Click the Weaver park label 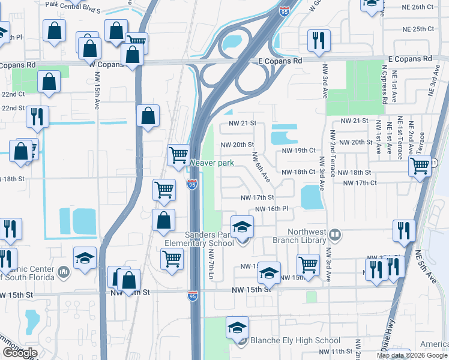[x=212, y=163]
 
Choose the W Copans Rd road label [x=105, y=63]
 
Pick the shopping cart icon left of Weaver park [x=179, y=155]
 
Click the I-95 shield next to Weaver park [x=192, y=185]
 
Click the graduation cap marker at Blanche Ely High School [x=238, y=328]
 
